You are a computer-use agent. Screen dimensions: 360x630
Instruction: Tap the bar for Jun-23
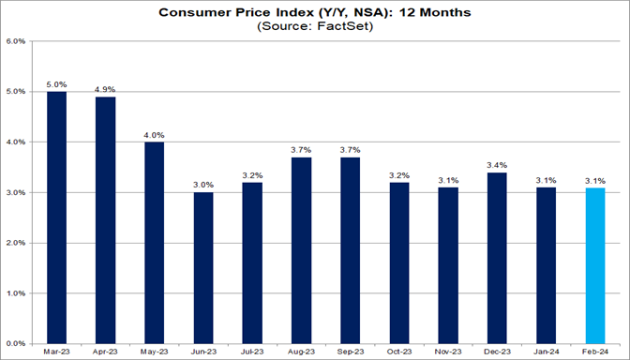[x=202, y=267]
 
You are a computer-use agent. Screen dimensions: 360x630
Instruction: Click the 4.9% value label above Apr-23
[x=106, y=90]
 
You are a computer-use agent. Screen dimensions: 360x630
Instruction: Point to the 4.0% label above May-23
[x=155, y=135]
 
